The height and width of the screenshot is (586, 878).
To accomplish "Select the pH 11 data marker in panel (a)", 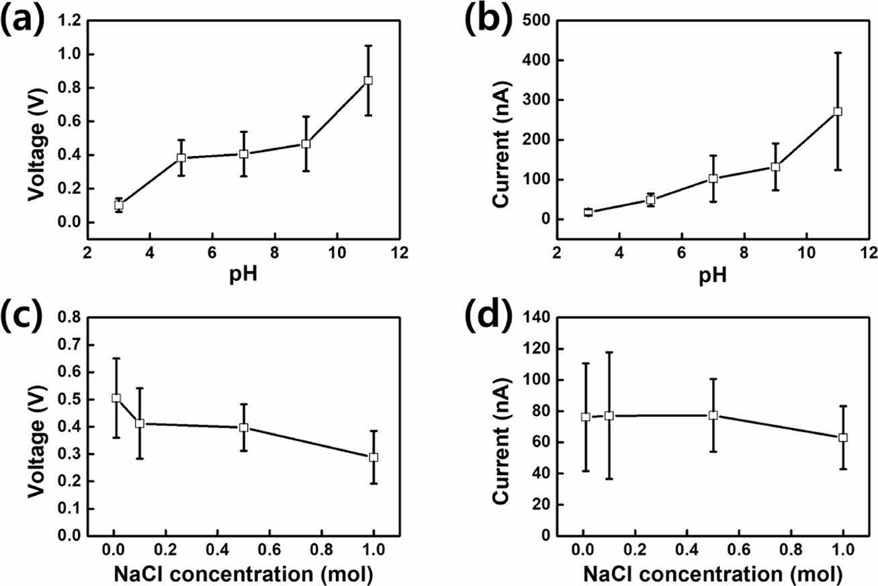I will coord(368,80).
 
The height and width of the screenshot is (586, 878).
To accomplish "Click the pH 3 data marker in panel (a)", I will coord(119,206).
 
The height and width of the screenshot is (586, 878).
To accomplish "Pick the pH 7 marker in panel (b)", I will coord(713,179).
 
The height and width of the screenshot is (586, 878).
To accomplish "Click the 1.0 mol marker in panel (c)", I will coord(374,457).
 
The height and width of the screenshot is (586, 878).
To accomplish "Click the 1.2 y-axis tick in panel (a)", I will coord(71,21).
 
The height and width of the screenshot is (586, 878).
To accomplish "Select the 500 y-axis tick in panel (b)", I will coord(535,21).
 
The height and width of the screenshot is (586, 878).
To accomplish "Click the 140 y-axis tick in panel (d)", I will coord(535,317).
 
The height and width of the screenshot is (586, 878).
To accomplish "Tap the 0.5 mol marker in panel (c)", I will coord(244,427).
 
